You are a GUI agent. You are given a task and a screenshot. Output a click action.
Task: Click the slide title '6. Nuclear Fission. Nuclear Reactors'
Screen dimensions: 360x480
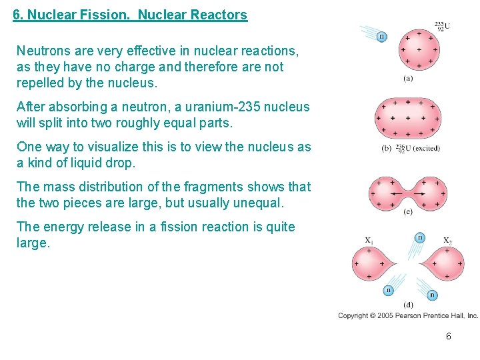130,15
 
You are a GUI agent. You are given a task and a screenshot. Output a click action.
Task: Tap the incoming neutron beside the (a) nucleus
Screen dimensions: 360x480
381,36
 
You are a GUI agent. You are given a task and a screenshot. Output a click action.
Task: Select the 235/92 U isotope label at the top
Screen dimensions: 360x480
442,26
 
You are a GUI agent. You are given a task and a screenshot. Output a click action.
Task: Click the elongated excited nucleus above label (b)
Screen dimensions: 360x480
409,119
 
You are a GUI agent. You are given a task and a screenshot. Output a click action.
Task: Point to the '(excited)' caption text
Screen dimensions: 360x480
426,147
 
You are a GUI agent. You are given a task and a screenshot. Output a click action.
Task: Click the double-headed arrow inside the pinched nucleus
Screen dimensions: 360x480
409,193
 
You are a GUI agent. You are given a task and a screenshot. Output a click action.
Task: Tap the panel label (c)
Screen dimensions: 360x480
408,212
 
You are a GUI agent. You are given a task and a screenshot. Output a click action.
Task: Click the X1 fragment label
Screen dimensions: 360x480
369,240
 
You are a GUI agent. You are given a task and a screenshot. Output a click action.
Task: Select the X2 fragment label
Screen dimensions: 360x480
447,240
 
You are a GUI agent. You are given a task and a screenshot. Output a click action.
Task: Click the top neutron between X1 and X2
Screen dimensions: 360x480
420,237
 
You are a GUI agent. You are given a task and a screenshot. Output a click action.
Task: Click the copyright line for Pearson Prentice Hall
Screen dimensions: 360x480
408,315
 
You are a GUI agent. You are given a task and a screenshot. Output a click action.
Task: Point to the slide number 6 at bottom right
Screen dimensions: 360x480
449,337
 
